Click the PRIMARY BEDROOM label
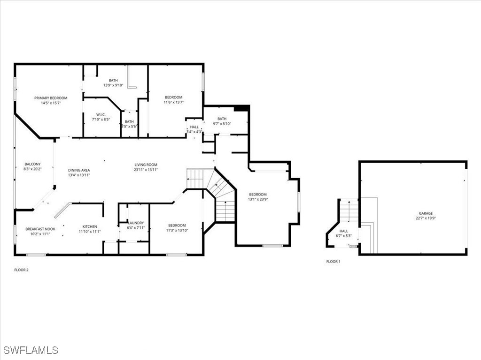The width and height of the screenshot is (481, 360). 51,98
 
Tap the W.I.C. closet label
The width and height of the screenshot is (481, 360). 101,114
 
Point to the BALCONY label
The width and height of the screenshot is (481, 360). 32,164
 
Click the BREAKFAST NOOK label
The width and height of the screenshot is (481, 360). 40,229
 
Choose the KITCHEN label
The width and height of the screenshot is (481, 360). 90,226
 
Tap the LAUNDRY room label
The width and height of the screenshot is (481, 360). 136,223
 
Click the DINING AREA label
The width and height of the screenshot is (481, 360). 79,170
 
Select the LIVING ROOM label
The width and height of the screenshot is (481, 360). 146,165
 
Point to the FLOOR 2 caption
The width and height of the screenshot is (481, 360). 22,270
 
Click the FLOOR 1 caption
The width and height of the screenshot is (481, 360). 333,262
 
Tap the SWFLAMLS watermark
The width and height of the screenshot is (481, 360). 31,350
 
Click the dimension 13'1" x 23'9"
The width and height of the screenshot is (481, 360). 258,200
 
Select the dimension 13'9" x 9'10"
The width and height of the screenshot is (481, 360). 113,85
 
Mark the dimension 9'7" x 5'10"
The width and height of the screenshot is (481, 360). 222,124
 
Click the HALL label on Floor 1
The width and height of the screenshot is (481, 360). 344,231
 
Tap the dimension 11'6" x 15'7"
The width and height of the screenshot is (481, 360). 173,102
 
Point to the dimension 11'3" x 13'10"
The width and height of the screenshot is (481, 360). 177,230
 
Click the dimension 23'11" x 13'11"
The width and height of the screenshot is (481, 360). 146,170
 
